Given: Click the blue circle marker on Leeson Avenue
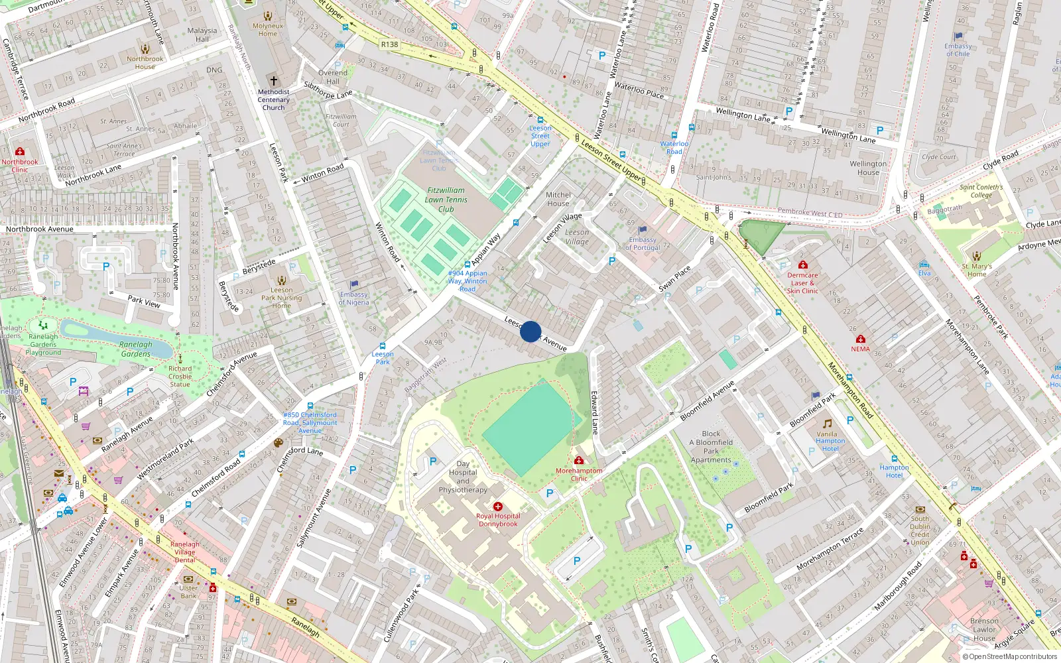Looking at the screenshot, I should coord(530,331).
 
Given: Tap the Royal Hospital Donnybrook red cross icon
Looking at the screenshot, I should coord(498,507).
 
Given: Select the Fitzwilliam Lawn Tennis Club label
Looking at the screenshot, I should coord(446,200).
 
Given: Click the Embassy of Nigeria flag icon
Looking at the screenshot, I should coord(354,284).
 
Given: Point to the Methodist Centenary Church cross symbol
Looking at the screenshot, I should coord(273,81).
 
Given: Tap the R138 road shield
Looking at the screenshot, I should coord(389,44).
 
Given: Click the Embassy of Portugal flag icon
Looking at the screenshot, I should coord(642,230).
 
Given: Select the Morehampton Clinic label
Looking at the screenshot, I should coord(579,475).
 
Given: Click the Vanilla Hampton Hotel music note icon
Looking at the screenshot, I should coord(827,424).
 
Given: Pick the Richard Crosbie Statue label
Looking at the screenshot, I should coord(180,377).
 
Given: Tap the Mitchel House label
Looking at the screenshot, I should coord(558,199).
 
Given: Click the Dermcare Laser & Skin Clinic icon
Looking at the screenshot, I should coord(802,265).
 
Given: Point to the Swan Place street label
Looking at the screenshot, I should coord(674,279).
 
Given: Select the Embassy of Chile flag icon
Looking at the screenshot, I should coord(958,36).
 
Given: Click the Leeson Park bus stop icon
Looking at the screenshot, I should coord(383,346).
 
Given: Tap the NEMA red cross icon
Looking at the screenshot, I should coord(860,339).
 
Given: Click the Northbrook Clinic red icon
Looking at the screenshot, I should coord(20,152).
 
